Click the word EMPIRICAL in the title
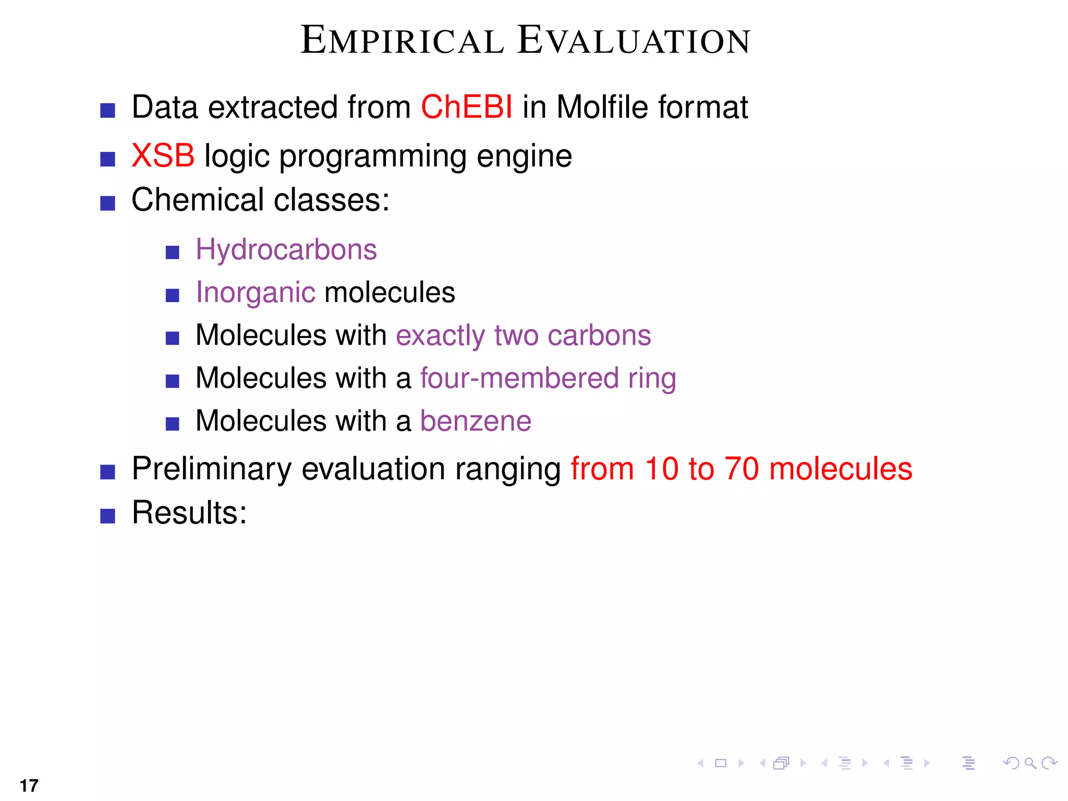tap(403, 41)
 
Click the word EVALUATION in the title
tap(634, 41)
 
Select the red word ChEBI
tap(466, 107)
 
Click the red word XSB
tap(163, 155)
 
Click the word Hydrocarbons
tap(286, 249)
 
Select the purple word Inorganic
tap(255, 293)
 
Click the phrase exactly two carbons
tap(523, 335)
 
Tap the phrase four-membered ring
tap(548, 378)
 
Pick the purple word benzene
tap(475, 421)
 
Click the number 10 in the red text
tap(661, 468)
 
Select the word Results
tap(188, 513)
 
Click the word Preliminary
tap(211, 468)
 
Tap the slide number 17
tap(29, 785)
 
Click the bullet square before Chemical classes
tap(107, 203)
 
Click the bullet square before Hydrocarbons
tap(172, 253)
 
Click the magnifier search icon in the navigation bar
tap(1029, 763)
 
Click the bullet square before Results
tap(107, 516)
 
